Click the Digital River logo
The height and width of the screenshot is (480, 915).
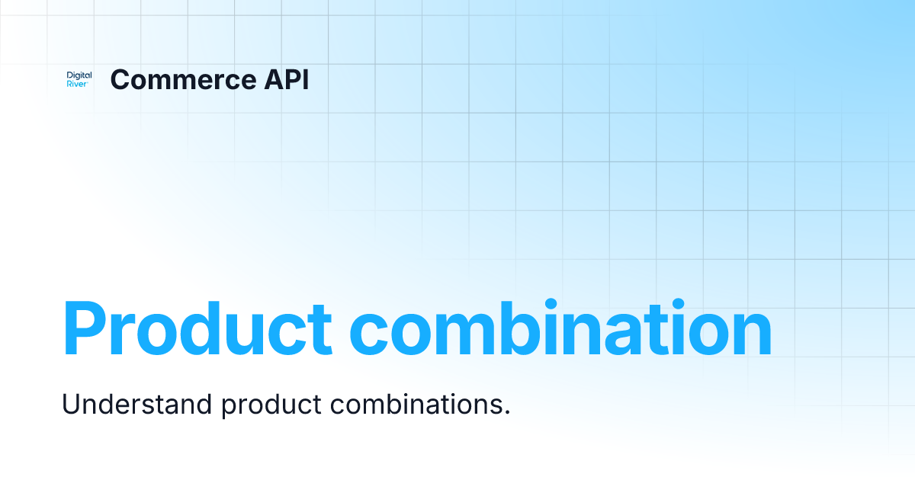tap(79, 80)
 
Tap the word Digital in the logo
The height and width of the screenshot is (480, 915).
tap(79, 75)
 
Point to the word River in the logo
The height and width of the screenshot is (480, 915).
tap(77, 85)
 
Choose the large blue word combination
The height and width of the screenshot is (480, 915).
tap(560, 329)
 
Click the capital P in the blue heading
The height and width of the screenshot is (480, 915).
tap(85, 329)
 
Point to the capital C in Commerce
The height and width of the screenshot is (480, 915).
tap(120, 80)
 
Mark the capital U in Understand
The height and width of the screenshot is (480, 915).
tap(69, 404)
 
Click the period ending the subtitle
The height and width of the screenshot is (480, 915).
tap(506, 412)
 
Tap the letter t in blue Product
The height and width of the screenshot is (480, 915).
tap(320, 331)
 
